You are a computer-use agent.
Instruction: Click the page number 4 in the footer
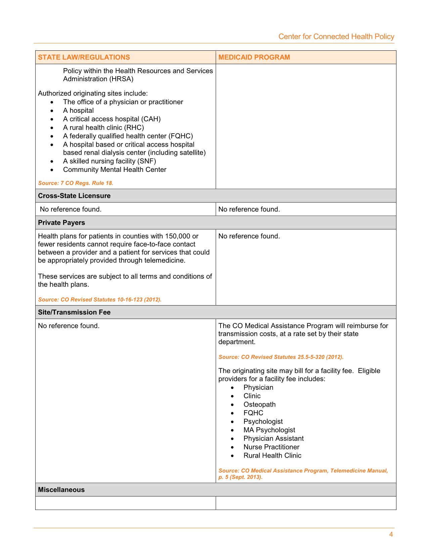pyautogui.click(x=391, y=535)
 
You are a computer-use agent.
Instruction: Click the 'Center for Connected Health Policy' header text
pyautogui.click(x=336, y=37)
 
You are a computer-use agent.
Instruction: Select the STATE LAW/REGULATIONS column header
pyautogui.click(x=84, y=57)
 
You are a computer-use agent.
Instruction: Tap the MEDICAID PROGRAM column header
pyautogui.click(x=254, y=57)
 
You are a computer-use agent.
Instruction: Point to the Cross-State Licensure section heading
pyautogui.click(x=74, y=196)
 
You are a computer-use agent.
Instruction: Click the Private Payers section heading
pyautogui.click(x=61, y=223)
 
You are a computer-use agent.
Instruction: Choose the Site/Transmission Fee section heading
pyautogui.click(x=74, y=312)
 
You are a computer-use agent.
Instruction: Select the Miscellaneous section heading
pyautogui.click(x=61, y=490)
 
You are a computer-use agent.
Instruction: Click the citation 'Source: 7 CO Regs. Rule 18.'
pyautogui.click(x=76, y=183)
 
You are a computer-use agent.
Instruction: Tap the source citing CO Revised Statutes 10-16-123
pyautogui.click(x=100, y=299)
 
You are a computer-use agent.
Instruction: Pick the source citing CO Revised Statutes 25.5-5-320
pyautogui.click(x=281, y=357)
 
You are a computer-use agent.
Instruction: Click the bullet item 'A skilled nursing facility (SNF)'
pyautogui.click(x=109, y=161)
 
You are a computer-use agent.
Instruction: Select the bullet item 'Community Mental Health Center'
pyautogui.click(x=114, y=170)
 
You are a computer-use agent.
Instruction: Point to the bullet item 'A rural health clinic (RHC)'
pyautogui.click(x=103, y=128)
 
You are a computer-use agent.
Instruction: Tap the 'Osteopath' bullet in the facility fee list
pyautogui.click(x=259, y=405)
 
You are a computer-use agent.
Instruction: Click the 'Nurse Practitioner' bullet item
pyautogui.click(x=271, y=447)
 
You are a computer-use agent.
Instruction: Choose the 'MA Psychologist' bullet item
pyautogui.click(x=269, y=430)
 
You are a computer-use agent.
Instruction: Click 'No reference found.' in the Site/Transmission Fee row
pyautogui.click(x=69, y=326)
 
